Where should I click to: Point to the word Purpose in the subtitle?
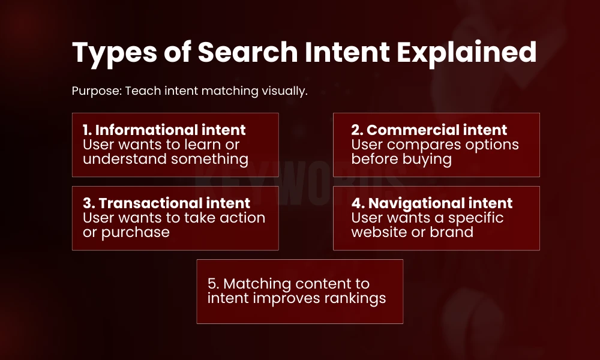[95, 92]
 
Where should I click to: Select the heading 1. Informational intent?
[164, 130]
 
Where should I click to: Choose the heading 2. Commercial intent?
[430, 130]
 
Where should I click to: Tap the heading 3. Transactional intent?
[167, 203]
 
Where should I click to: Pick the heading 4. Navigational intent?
[432, 203]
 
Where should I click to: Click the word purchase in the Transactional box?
[136, 232]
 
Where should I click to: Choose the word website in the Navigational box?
[382, 232]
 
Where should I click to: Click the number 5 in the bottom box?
[211, 284]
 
